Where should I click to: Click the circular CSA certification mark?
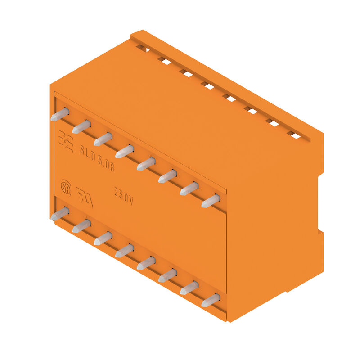(66, 187)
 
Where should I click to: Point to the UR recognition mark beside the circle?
(84, 197)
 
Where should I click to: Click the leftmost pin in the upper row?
(60, 115)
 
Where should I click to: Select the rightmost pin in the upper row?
(211, 201)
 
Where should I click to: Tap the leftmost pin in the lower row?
(60, 214)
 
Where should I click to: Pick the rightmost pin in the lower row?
(211, 300)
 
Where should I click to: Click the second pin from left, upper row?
(81, 127)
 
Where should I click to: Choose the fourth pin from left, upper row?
(125, 152)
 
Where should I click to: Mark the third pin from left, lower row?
(103, 238)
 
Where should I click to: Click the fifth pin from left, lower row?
(146, 263)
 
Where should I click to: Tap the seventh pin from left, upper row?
(189, 189)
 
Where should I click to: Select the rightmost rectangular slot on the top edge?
(294, 135)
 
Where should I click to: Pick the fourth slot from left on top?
(207, 85)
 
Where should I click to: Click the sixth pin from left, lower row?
(167, 275)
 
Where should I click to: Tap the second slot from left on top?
(164, 60)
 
